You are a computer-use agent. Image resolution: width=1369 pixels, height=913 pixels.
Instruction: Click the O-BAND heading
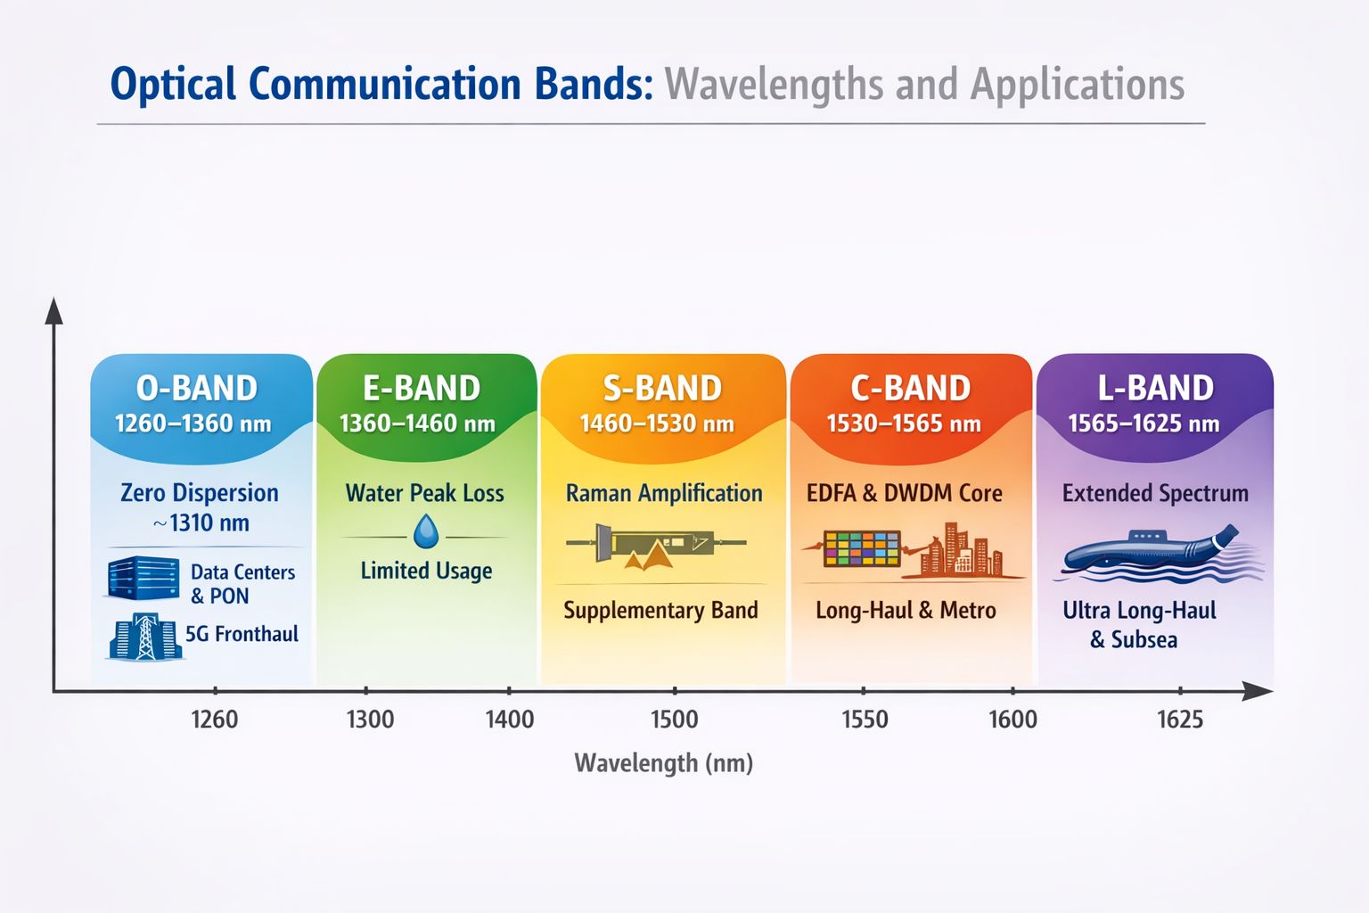tap(197, 389)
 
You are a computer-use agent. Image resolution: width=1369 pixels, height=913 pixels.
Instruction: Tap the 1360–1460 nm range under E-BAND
tap(417, 424)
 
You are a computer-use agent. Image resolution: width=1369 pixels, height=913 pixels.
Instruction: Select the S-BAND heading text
tap(662, 389)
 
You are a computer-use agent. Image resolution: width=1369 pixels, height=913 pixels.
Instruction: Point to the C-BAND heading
tap(910, 389)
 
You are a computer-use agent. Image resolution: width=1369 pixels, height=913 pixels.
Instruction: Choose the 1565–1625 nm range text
tap(1144, 424)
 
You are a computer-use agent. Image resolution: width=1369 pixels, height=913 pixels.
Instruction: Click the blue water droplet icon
tap(426, 532)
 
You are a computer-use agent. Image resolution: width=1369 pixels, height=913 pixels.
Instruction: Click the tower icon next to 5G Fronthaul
tap(144, 637)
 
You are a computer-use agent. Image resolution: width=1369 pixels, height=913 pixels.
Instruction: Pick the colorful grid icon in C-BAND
tap(861, 548)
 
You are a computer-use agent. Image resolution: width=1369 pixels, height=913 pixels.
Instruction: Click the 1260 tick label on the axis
tap(215, 720)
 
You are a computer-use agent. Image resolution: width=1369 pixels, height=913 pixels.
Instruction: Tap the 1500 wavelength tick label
tap(674, 720)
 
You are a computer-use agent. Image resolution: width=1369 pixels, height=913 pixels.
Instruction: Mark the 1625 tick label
tap(1179, 720)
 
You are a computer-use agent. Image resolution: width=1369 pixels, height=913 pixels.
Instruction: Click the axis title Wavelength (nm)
tap(664, 763)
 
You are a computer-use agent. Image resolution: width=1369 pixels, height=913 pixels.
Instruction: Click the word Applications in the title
tap(1077, 85)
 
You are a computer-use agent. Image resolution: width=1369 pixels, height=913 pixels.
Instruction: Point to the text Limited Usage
tap(426, 571)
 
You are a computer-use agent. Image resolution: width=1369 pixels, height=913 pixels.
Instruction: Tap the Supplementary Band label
tap(660, 611)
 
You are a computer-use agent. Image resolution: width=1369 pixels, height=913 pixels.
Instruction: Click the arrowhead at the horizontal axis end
tap(1258, 690)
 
